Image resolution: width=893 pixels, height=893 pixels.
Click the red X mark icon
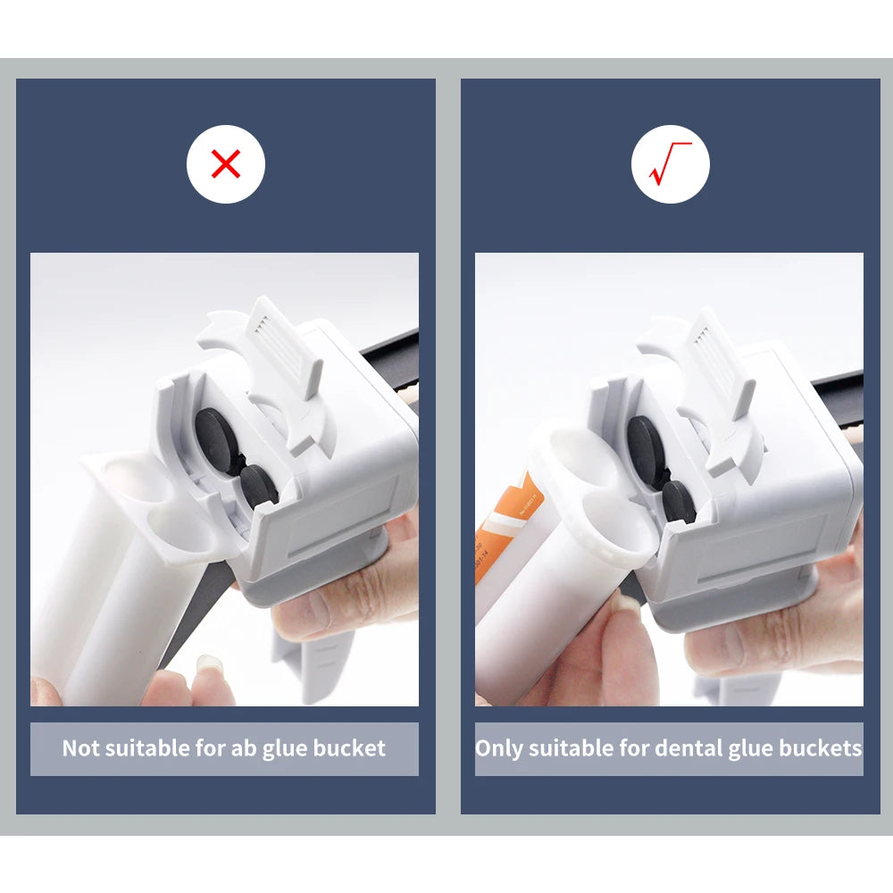(226, 164)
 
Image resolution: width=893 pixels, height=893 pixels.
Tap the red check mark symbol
(670, 164)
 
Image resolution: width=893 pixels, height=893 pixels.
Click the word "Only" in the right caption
(498, 748)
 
